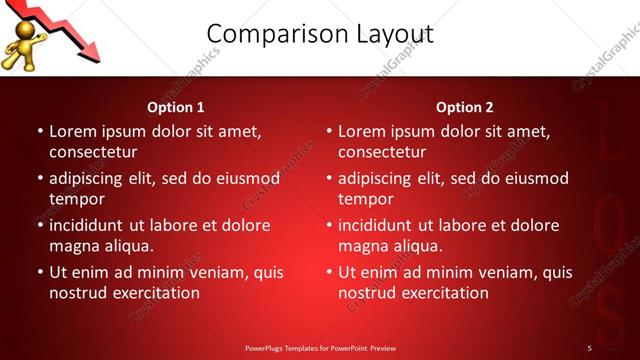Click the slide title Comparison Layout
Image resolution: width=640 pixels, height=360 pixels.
326,35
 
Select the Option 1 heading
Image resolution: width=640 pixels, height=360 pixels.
176,107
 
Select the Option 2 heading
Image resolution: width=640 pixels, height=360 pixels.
465,107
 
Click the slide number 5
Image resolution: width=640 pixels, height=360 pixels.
589,348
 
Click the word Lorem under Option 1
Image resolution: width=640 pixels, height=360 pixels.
72,131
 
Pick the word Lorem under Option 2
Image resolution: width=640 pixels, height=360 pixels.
361,131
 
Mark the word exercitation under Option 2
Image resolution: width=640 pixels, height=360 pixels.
443,293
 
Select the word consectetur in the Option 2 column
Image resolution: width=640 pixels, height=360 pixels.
381,152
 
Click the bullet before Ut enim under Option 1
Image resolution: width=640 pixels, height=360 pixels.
39,272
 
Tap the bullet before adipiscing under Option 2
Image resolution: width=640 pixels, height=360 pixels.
328,179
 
